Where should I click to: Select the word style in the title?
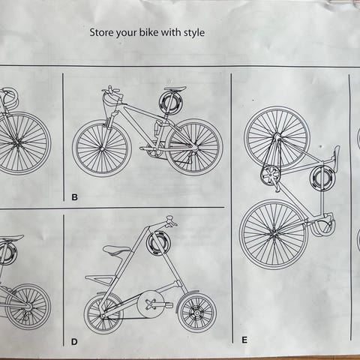(194, 33)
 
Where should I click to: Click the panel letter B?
(74, 197)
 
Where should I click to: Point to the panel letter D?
(74, 342)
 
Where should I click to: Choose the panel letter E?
(244, 340)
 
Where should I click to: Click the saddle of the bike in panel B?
(175, 88)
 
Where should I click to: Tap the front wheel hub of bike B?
(102, 149)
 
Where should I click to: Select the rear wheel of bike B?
(194, 147)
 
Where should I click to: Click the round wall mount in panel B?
(169, 103)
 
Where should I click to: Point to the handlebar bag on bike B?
(112, 102)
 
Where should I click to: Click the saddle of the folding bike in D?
(117, 250)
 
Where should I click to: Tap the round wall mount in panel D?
(158, 243)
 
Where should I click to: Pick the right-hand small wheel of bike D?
(197, 313)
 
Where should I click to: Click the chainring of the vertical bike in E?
(270, 175)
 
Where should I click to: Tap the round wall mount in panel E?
(322, 178)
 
